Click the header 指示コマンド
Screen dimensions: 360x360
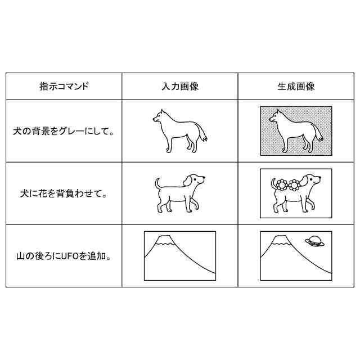click(64, 86)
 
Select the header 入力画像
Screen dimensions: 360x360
click(180, 86)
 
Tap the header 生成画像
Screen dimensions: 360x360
click(296, 86)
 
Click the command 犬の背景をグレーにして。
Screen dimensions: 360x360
click(64, 131)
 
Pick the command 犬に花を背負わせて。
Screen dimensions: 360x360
click(64, 193)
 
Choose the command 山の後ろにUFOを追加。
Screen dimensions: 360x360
click(64, 256)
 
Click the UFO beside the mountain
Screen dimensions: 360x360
click(315, 241)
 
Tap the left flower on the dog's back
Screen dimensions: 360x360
click(281, 184)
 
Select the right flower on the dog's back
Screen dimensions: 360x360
click(294, 185)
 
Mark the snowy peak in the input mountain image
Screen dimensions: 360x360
click(164, 240)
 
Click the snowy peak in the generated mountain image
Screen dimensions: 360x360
click(281, 240)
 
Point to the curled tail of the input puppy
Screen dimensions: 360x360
click(157, 183)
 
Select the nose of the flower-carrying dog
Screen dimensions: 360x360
click(320, 178)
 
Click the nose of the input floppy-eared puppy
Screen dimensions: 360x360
click(204, 178)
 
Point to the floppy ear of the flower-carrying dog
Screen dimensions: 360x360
click(305, 181)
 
